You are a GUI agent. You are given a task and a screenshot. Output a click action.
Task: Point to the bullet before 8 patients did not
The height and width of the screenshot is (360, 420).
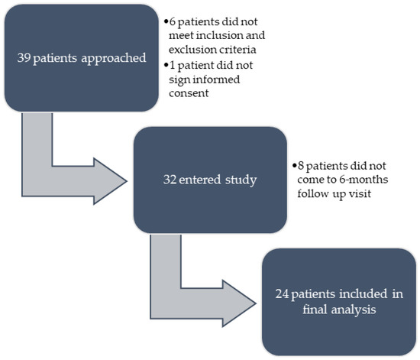coord(294,166)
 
